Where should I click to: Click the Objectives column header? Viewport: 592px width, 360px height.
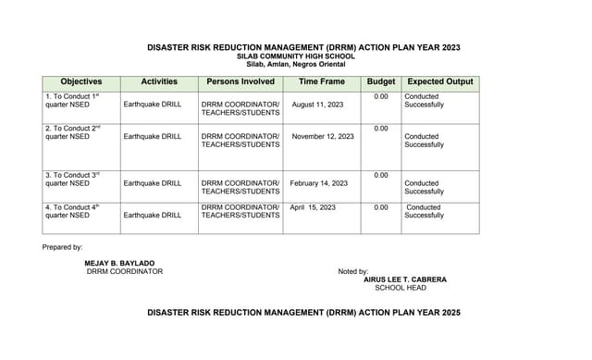tap(81, 81)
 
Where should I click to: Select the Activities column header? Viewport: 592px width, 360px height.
tap(159, 81)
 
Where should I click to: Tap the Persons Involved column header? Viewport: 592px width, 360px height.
tap(240, 81)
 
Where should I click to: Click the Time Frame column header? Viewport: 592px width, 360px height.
tap(322, 81)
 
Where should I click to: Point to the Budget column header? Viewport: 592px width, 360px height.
tap(381, 81)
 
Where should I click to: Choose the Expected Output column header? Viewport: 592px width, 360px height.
tap(440, 81)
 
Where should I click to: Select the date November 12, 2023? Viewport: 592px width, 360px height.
tap(323, 136)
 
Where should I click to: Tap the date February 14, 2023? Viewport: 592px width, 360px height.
tap(319, 183)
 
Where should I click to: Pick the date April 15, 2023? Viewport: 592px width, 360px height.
tap(313, 207)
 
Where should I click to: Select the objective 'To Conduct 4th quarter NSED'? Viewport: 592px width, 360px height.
tap(72, 211)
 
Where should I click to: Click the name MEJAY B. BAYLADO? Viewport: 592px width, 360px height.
tap(120, 263)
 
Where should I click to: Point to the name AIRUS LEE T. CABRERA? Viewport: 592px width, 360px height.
tap(405, 279)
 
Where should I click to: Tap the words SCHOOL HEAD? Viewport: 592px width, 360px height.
tap(401, 288)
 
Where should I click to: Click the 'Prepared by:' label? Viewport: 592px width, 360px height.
tap(62, 247)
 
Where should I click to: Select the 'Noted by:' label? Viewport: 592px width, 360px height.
tap(353, 271)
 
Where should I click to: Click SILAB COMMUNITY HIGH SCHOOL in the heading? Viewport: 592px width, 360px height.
tap(304, 56)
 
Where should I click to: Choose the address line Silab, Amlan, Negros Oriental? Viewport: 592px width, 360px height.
tap(304, 64)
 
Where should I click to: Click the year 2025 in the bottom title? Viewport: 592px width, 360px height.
tap(450, 314)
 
